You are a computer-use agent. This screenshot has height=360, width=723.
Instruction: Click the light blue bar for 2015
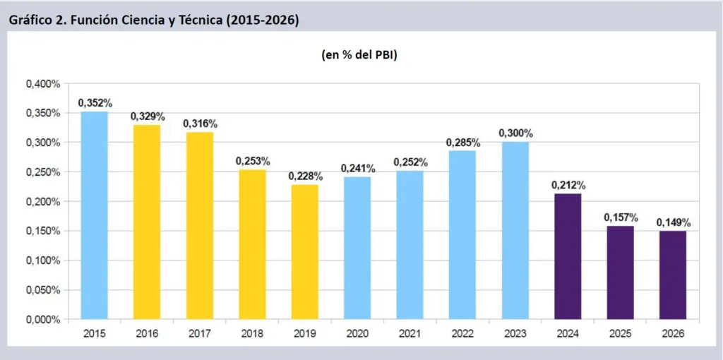(94, 215)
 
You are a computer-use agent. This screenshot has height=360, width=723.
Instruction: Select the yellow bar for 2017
(200, 225)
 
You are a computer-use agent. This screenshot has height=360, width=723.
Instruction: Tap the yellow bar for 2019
(305, 251)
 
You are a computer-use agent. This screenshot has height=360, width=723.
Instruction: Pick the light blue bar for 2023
(515, 230)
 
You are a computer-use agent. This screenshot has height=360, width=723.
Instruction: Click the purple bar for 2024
(568, 256)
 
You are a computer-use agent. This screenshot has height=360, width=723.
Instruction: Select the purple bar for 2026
(673, 275)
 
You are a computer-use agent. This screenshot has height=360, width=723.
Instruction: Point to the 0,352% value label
(95, 103)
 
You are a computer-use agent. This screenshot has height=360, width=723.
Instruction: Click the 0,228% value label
(305, 176)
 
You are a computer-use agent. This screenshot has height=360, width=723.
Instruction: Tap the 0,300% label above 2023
(515, 133)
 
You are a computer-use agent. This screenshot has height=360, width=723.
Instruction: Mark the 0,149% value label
(673, 222)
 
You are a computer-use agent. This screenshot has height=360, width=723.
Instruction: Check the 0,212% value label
(568, 185)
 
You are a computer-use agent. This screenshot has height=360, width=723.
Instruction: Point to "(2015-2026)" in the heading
(259, 20)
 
